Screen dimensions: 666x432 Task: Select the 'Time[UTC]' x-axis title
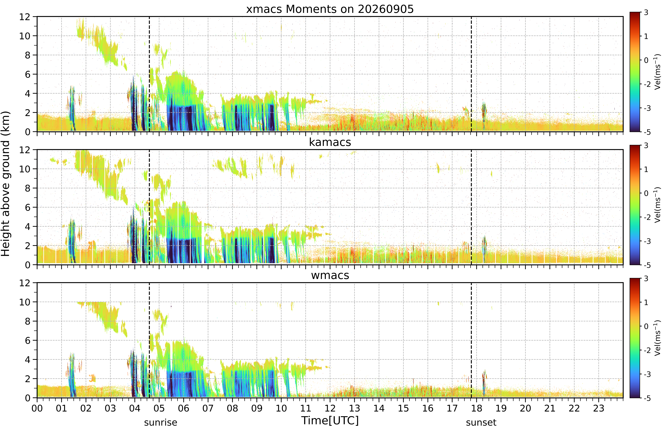click(x=330, y=420)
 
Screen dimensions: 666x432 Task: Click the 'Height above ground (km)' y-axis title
click(x=5, y=184)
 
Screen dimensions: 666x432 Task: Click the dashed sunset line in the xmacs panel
click(x=471, y=74)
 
